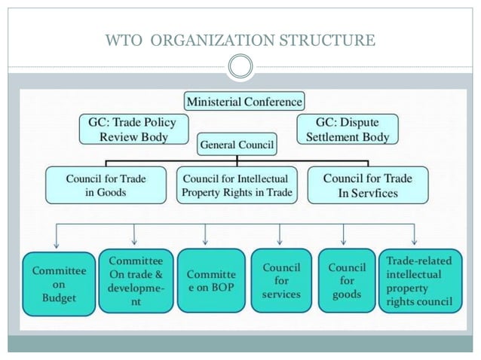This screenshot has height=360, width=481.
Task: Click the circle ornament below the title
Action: click(x=240, y=69)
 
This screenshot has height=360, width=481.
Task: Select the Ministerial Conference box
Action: click(x=244, y=100)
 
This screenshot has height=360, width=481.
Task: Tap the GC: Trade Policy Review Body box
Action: click(x=133, y=128)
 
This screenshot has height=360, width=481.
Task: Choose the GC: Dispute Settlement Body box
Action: click(x=348, y=128)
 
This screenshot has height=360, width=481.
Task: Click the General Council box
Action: click(x=237, y=143)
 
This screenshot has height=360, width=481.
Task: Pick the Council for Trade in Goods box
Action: click(x=106, y=185)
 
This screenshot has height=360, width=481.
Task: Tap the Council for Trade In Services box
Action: click(x=368, y=185)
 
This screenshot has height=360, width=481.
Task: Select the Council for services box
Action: click(x=281, y=280)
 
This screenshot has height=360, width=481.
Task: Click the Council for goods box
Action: click(x=347, y=280)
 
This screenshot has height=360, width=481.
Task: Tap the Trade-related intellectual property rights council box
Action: click(x=418, y=282)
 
